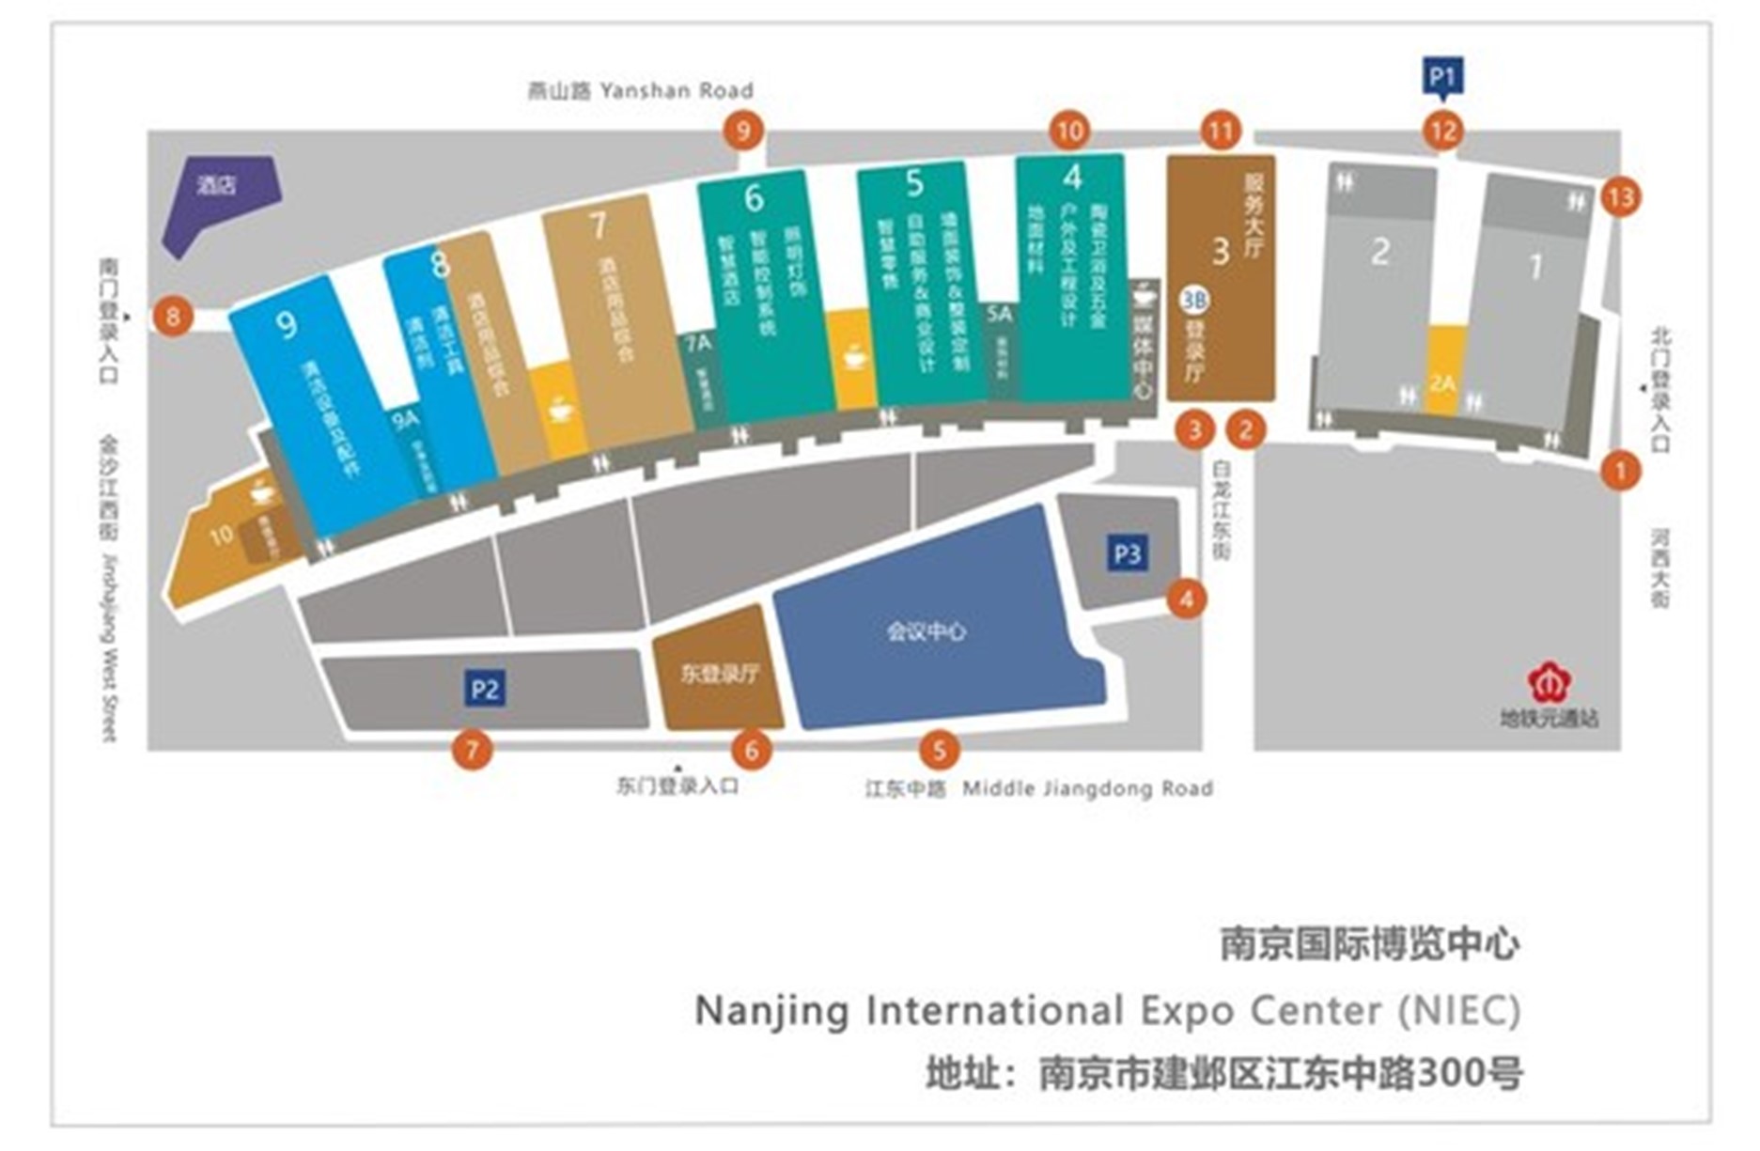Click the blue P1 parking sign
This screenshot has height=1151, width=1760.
coord(1442,76)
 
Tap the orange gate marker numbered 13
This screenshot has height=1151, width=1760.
coord(1621,197)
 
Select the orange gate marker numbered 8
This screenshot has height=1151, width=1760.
coord(173,316)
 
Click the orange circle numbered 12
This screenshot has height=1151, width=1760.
coord(1442,131)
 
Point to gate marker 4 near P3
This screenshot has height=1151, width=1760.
coord(1186,599)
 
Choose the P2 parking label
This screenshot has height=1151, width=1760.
coord(485,689)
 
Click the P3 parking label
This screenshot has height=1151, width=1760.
coord(1127,553)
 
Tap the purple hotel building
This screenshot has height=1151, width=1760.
coord(221,200)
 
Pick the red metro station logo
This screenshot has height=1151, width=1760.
coord(1549,683)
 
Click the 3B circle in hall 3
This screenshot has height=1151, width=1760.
coord(1193,301)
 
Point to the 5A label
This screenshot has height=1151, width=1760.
coord(999,314)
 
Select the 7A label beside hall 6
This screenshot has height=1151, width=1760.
coord(698,345)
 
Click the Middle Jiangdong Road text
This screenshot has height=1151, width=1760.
coord(1087,788)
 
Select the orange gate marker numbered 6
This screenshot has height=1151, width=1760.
coord(751,750)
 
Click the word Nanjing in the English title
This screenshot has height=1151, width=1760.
coord(771,1011)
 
